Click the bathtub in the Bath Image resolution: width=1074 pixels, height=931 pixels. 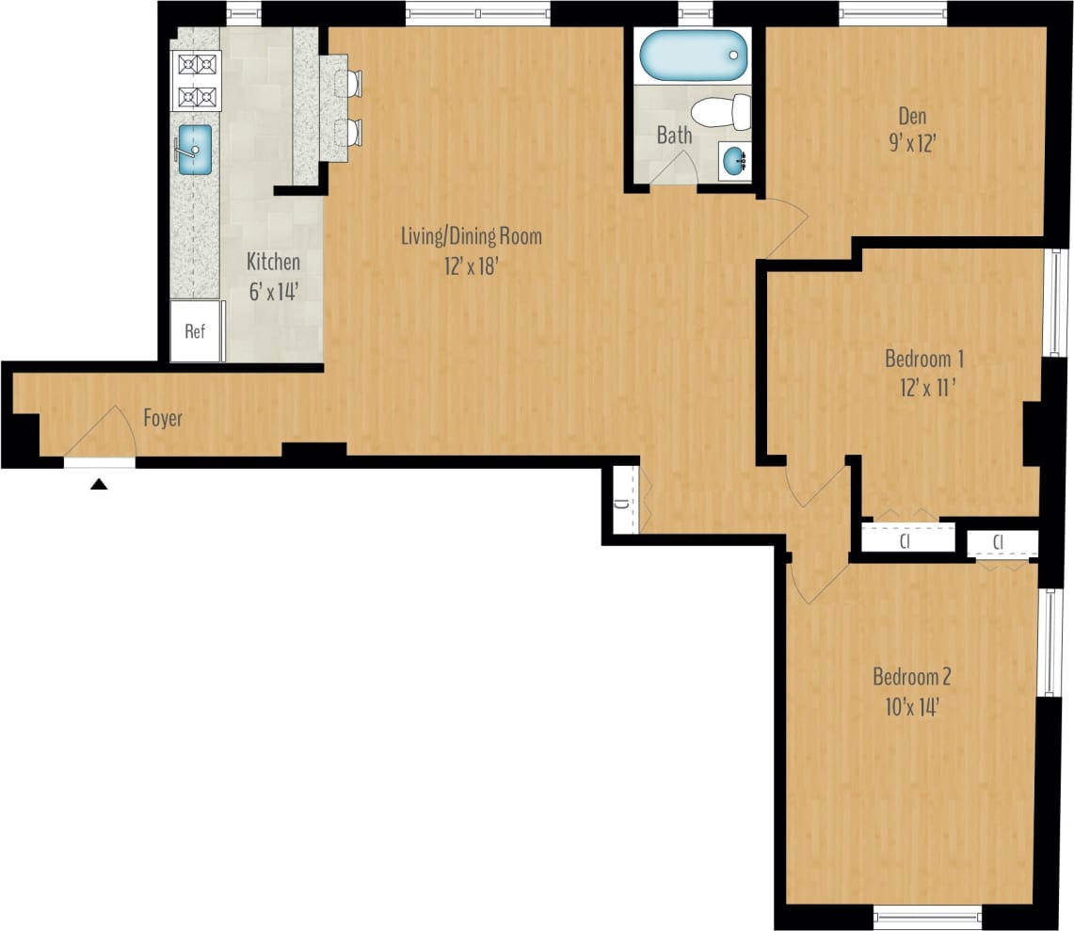click(692, 56)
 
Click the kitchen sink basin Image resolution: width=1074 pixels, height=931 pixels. click(195, 150)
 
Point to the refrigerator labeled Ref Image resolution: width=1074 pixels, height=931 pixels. click(196, 332)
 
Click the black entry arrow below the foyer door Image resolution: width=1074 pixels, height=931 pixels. click(99, 485)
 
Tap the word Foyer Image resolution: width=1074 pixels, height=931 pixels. click(163, 418)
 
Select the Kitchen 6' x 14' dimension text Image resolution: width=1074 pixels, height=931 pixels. click(273, 292)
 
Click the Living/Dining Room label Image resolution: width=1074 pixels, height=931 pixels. click(472, 235)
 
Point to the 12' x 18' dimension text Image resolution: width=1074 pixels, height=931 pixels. click(471, 266)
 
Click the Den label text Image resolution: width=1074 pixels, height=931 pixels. click(912, 117)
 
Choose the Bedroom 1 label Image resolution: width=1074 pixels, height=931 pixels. click(923, 359)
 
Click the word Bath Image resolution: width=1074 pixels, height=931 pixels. click(674, 136)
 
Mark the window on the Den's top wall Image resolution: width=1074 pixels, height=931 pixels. click(892, 13)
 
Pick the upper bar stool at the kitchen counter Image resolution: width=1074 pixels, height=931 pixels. click(353, 83)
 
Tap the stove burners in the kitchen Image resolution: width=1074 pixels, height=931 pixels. click(196, 80)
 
